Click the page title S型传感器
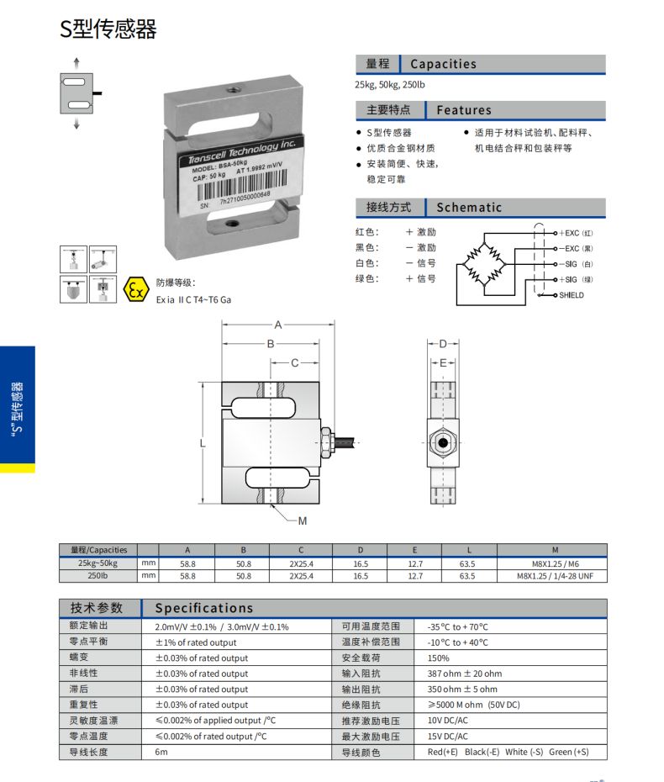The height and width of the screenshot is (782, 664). (108, 29)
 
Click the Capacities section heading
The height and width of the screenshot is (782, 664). (443, 64)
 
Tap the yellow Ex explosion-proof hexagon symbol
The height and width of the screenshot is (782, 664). (134, 290)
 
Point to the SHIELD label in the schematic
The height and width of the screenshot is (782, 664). (571, 295)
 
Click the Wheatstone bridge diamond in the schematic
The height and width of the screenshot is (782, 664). (486, 263)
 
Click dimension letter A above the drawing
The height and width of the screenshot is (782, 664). (277, 325)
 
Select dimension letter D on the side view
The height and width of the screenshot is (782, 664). (443, 343)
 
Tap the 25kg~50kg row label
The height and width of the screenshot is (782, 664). (97, 563)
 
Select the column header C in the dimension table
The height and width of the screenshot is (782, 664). (301, 550)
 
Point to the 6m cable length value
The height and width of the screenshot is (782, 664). (161, 752)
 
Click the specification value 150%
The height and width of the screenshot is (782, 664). (438, 658)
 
